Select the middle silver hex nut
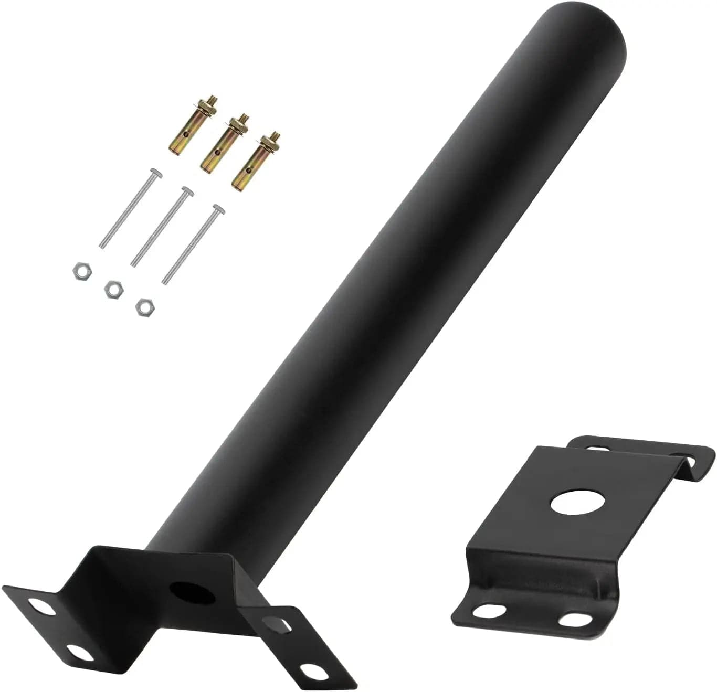(113, 289)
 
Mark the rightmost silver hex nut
(143, 306)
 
